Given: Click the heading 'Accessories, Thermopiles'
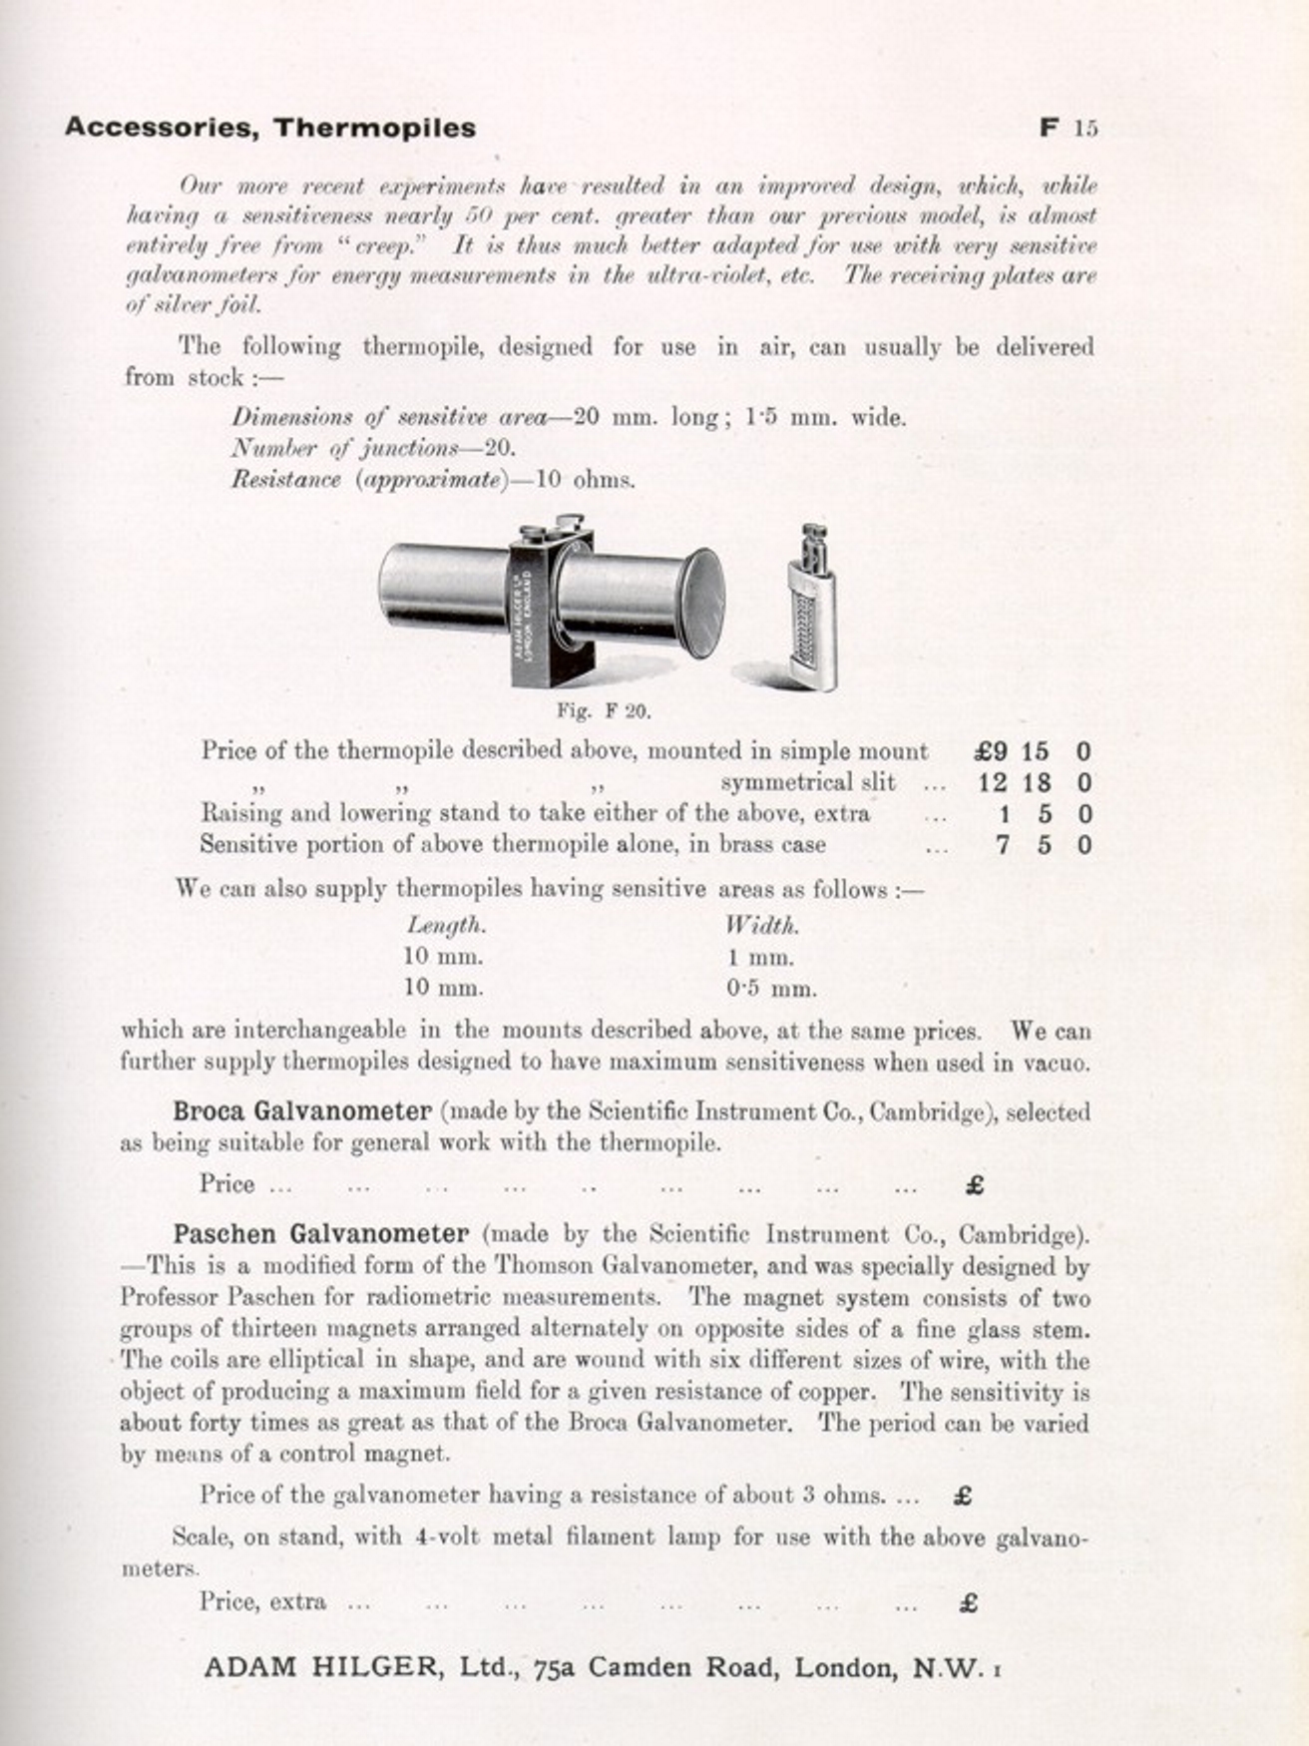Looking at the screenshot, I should point(269,128).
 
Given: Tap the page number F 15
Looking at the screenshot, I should point(1069,128).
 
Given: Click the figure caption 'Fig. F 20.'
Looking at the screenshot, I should point(603,711).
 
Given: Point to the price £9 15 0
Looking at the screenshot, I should point(1033,751).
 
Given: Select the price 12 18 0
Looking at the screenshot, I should point(1035,783).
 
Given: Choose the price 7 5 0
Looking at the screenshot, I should point(1043,845).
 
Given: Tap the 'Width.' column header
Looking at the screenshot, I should point(762,926).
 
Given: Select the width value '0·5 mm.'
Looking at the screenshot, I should point(771,990).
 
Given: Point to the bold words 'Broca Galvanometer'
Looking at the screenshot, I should point(302,1111).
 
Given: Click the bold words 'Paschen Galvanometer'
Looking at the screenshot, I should point(320,1234).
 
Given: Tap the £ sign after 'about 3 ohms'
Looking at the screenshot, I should point(964,1496).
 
